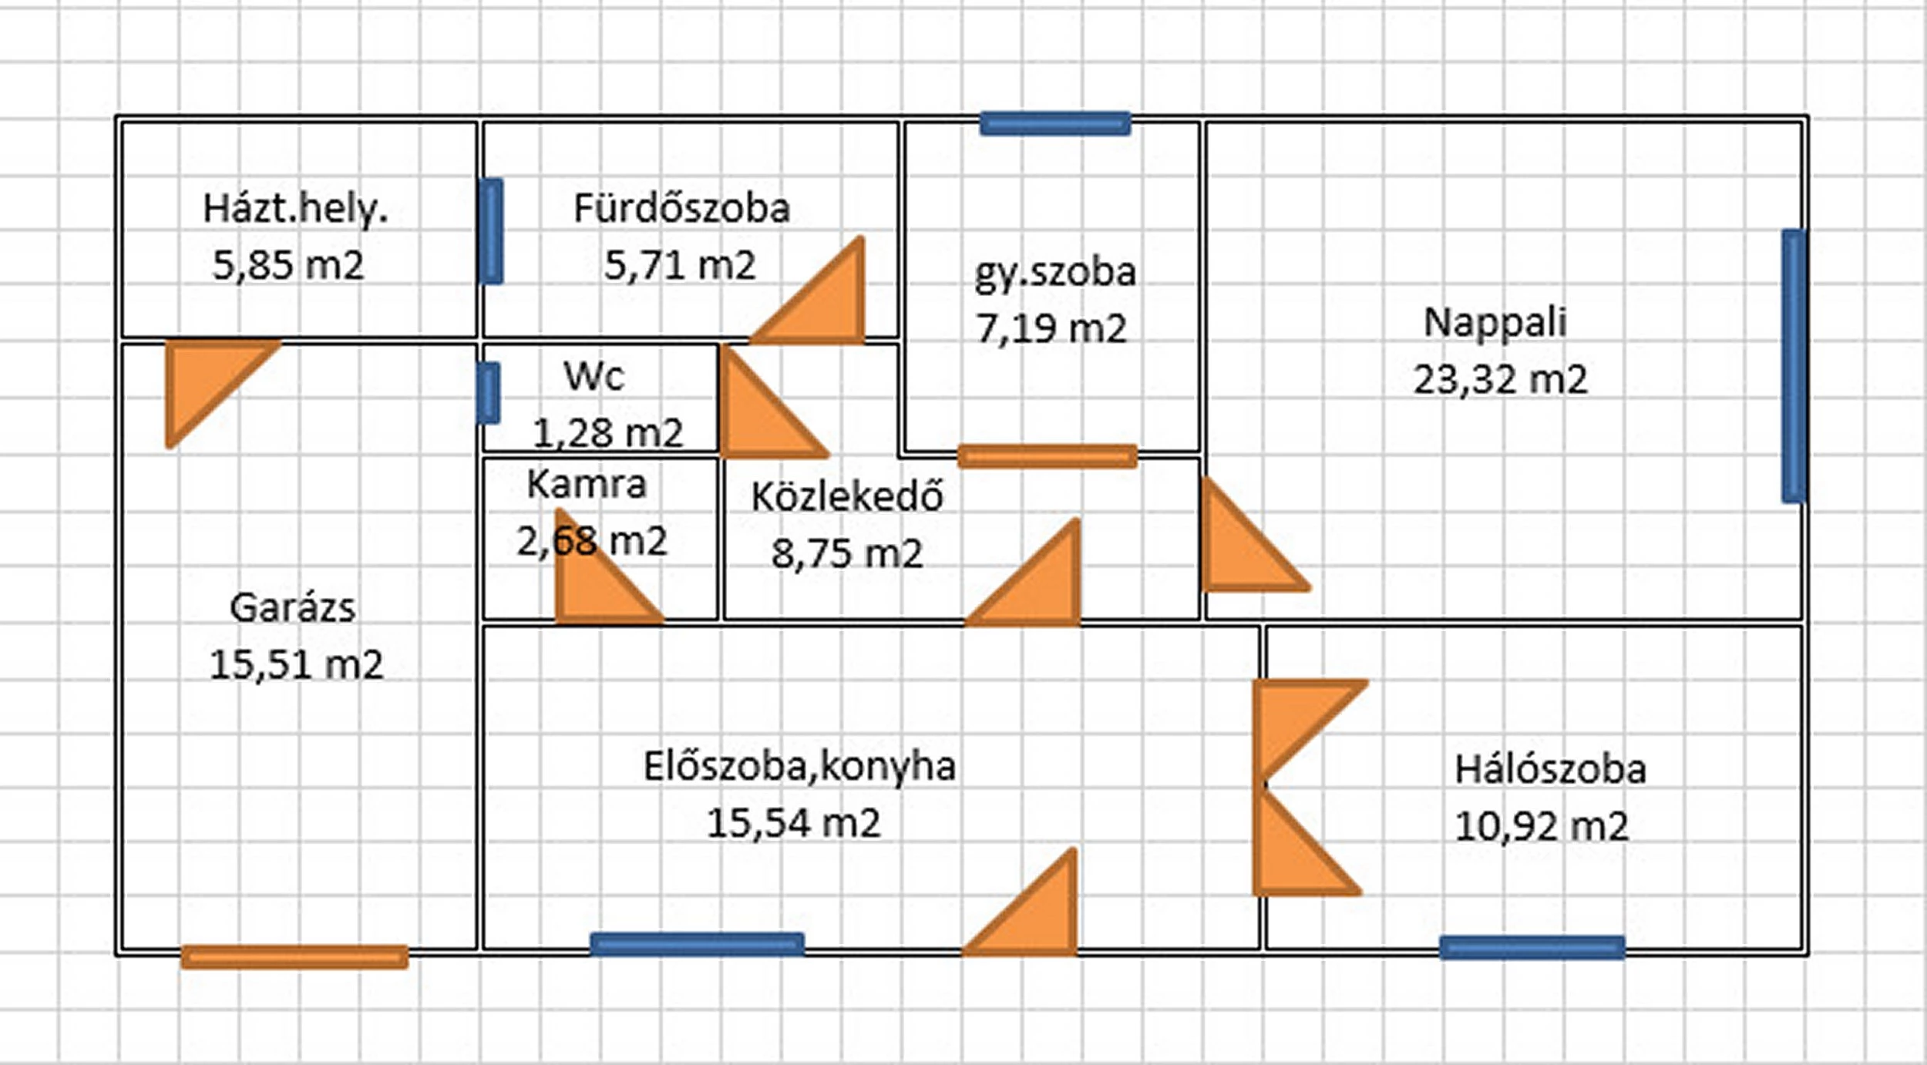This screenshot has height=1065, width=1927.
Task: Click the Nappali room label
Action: pos(1495,323)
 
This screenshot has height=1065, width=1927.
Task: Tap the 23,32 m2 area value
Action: pos(1500,380)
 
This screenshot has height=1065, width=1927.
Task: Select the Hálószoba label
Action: pos(1550,770)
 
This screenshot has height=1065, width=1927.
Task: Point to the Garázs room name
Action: pos(293,608)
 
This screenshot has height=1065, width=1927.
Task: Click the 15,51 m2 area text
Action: pos(296,665)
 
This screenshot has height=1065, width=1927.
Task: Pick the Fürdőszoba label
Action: pos(681,209)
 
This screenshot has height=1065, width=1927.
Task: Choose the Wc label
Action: pos(594,377)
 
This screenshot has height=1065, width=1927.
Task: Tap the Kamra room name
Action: pos(586,485)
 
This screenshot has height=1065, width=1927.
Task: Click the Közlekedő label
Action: pos(847,497)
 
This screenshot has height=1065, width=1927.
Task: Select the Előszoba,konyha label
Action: pos(799,767)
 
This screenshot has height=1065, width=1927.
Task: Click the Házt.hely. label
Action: pos(295,209)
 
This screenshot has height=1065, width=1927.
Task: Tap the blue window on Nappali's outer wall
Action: pos(1794,366)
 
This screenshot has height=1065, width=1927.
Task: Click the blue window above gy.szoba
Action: pos(1055,123)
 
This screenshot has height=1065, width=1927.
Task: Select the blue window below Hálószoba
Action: pos(1532,947)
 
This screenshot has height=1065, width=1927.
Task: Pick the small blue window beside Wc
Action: pos(488,393)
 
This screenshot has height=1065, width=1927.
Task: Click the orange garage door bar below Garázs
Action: pos(294,956)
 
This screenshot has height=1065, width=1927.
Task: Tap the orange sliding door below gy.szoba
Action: pos(1047,456)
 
